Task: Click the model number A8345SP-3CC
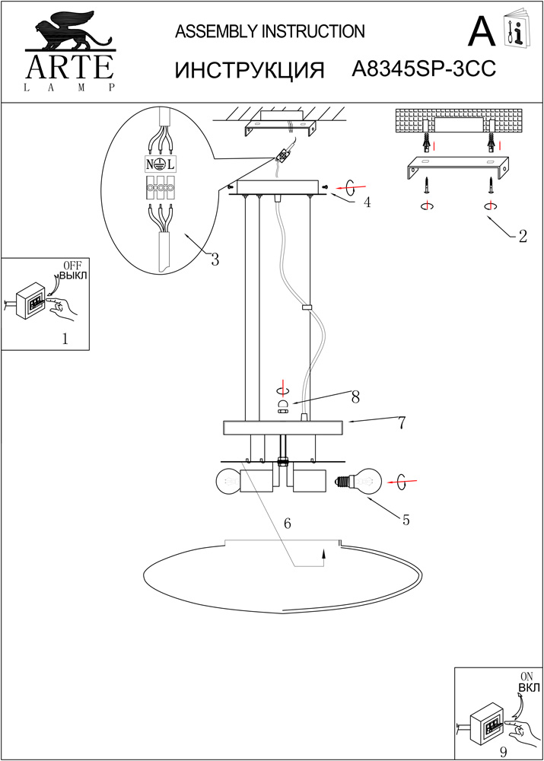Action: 425,69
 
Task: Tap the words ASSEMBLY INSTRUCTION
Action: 270,31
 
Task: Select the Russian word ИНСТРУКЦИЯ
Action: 250,70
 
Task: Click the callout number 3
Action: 215,260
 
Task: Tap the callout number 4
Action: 367,202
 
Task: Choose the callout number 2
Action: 522,236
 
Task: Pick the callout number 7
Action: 401,424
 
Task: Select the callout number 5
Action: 406,521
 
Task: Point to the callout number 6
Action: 287,524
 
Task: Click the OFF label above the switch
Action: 72,265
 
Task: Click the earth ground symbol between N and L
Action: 161,164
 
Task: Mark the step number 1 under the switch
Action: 65,340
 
